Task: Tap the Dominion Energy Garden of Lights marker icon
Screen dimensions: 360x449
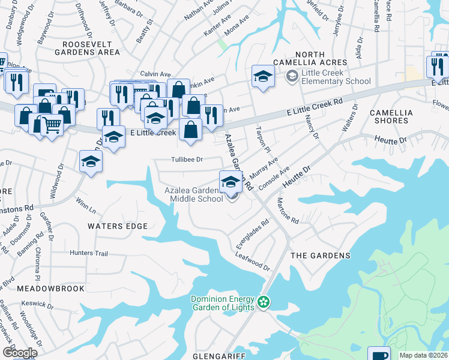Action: (264, 302)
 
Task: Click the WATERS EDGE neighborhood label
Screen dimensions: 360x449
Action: (118, 226)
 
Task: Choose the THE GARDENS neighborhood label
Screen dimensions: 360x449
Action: (320, 256)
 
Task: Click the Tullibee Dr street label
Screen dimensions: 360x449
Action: (187, 160)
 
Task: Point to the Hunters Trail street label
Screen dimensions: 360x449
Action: (89, 254)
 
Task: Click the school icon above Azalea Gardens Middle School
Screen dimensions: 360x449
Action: (231, 181)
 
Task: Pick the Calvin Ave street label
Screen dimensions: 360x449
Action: (152, 73)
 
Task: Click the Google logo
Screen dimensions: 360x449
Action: (20, 353)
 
